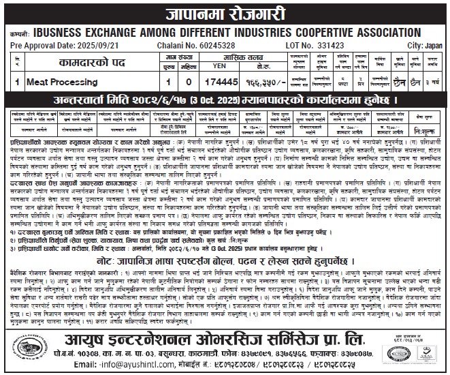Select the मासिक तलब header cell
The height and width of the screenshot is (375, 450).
[216, 56]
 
